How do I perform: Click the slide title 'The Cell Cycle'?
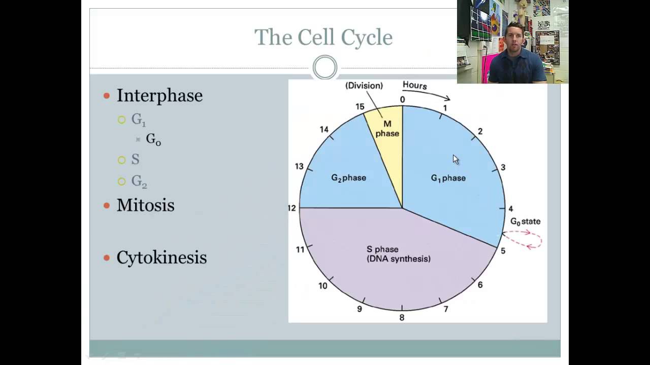tap(323, 38)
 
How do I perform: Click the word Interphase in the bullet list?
tap(159, 95)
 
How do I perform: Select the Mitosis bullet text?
tap(145, 205)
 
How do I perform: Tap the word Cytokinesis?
tap(161, 258)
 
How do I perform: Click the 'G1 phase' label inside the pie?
tap(448, 178)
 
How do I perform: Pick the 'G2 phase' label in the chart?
tap(348, 178)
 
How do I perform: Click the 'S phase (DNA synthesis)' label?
tap(398, 254)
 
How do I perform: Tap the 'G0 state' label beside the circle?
tap(525, 222)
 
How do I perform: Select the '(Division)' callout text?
tap(364, 86)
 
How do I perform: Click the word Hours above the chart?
tap(414, 86)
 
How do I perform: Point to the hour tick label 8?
tap(402, 318)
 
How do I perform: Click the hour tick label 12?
tap(291, 208)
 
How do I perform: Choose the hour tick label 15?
tap(360, 106)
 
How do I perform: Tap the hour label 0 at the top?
tap(402, 99)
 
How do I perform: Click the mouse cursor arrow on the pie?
tap(455, 159)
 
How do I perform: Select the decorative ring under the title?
tap(325, 67)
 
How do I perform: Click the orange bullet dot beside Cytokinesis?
tap(107, 258)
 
